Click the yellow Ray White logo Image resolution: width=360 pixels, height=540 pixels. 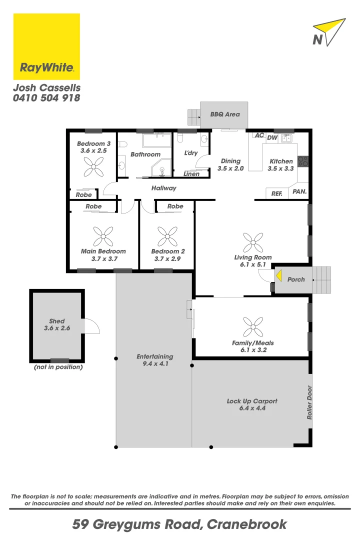[x=46, y=46]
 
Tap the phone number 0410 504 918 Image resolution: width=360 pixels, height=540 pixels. [x=46, y=98]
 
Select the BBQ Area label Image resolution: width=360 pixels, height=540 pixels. [x=225, y=114]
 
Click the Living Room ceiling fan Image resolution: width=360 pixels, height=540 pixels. [x=253, y=242]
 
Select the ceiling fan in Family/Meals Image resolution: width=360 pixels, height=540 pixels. [x=253, y=326]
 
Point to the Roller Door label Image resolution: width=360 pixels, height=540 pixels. [x=310, y=402]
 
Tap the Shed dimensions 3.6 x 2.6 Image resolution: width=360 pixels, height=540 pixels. [x=57, y=328]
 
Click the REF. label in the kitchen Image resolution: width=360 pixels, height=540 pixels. [x=277, y=193]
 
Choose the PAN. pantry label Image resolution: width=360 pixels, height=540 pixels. [x=299, y=191]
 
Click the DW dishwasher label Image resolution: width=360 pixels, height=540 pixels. [x=272, y=137]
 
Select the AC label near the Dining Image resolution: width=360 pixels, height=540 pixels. [x=259, y=135]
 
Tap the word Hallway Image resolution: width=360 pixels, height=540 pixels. [x=164, y=188]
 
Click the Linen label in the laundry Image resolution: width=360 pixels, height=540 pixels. [x=191, y=174]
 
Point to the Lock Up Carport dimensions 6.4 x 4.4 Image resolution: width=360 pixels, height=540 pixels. [x=252, y=408]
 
